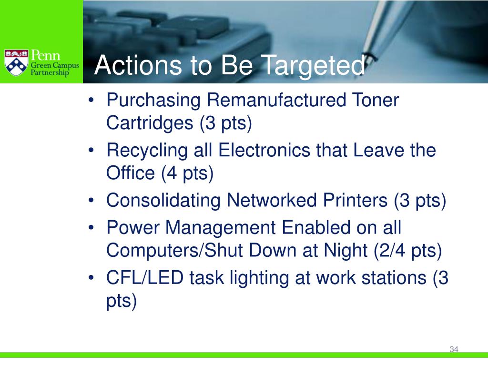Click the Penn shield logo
point(17,62)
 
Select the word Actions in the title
point(138,65)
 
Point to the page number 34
point(454,349)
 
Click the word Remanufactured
point(276,100)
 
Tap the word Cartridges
point(150,122)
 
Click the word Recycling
point(147,151)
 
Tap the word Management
point(220,228)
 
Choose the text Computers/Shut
point(174,251)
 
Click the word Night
point(346,251)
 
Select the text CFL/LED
point(145,278)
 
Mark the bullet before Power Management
point(91,227)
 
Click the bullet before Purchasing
point(91,100)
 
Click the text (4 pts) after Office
point(187,173)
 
